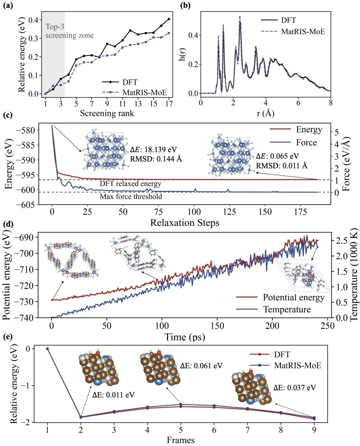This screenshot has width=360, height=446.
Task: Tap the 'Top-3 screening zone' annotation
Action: point(69,31)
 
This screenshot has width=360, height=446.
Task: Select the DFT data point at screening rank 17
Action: point(169,19)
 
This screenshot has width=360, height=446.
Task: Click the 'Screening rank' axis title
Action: point(107,113)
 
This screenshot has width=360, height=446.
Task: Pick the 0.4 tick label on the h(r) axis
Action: point(194,35)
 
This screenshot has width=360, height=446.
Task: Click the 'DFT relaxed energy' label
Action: point(130,184)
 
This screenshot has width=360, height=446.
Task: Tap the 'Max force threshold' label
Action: point(131,196)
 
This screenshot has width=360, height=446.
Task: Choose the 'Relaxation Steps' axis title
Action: point(184,223)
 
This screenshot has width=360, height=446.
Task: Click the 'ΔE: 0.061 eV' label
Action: point(201,366)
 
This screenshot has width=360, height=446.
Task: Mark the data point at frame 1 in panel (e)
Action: point(47,349)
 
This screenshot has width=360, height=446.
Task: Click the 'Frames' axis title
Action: point(180,440)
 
